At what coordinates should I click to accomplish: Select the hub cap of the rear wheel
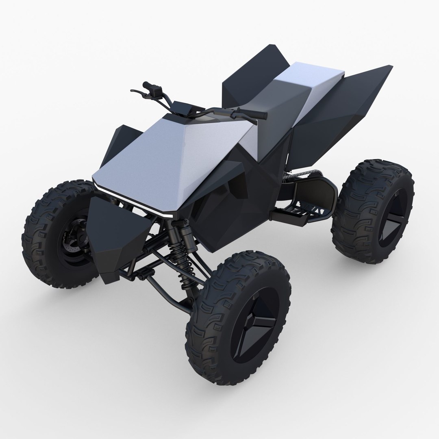(392, 222)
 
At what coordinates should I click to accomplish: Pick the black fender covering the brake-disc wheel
(110, 236)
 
